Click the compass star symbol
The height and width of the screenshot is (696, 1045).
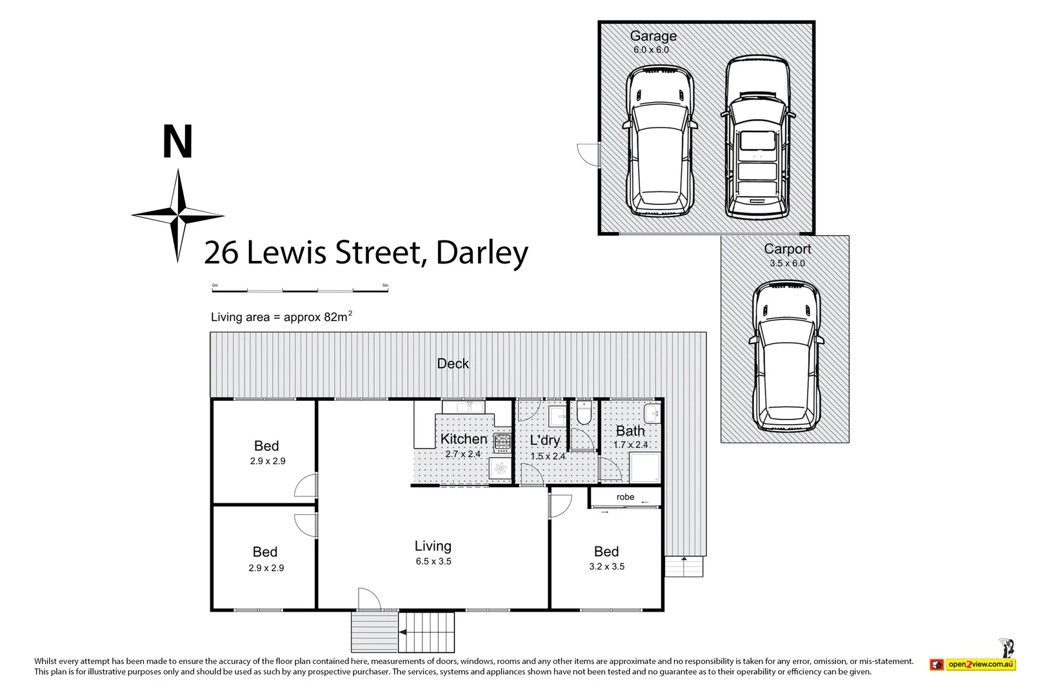(x=178, y=215)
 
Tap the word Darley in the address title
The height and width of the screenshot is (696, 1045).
(x=482, y=253)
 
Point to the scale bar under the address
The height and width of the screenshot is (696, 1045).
(x=300, y=289)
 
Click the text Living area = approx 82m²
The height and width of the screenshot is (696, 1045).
(x=281, y=316)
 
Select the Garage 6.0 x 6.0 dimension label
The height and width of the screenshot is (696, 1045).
(x=651, y=50)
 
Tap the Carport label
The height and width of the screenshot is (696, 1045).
(x=787, y=249)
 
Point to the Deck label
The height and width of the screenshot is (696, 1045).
(x=453, y=363)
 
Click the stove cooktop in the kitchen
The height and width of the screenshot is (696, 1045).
(x=503, y=442)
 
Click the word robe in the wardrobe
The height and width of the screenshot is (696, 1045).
(x=625, y=497)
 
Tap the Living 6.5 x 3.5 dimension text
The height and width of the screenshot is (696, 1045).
(x=433, y=561)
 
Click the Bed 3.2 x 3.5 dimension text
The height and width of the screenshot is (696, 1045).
(x=606, y=566)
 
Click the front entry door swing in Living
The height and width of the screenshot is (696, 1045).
(x=368, y=599)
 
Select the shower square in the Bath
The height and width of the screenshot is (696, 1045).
(x=644, y=467)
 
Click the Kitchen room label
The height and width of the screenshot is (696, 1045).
(x=463, y=439)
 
